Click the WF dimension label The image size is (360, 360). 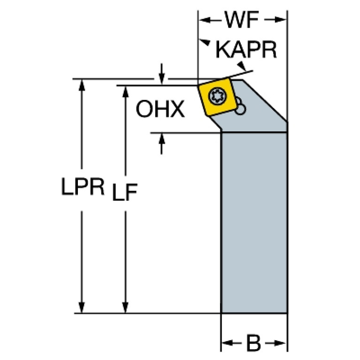click(242, 20)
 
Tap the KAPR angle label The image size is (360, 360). click(246, 50)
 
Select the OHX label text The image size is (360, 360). click(160, 109)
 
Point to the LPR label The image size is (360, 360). click(83, 186)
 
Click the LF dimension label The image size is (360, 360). click(125, 192)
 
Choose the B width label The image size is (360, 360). click(253, 344)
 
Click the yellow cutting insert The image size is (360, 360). click(217, 97)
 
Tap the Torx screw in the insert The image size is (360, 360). click(217, 95)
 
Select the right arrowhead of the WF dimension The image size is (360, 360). click(280, 20)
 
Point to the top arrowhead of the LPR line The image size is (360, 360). click(82, 85)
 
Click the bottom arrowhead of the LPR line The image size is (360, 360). click(82, 307)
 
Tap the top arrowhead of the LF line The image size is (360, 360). click(125, 92)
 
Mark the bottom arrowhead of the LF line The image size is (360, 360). click(125, 307)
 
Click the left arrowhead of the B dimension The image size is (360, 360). click(228, 344)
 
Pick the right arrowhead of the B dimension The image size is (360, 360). click(280, 344)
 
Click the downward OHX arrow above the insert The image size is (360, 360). click(162, 74)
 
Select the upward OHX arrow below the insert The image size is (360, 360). click(162, 144)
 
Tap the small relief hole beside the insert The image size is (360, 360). click(240, 109)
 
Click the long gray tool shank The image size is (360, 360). click(254, 222)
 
